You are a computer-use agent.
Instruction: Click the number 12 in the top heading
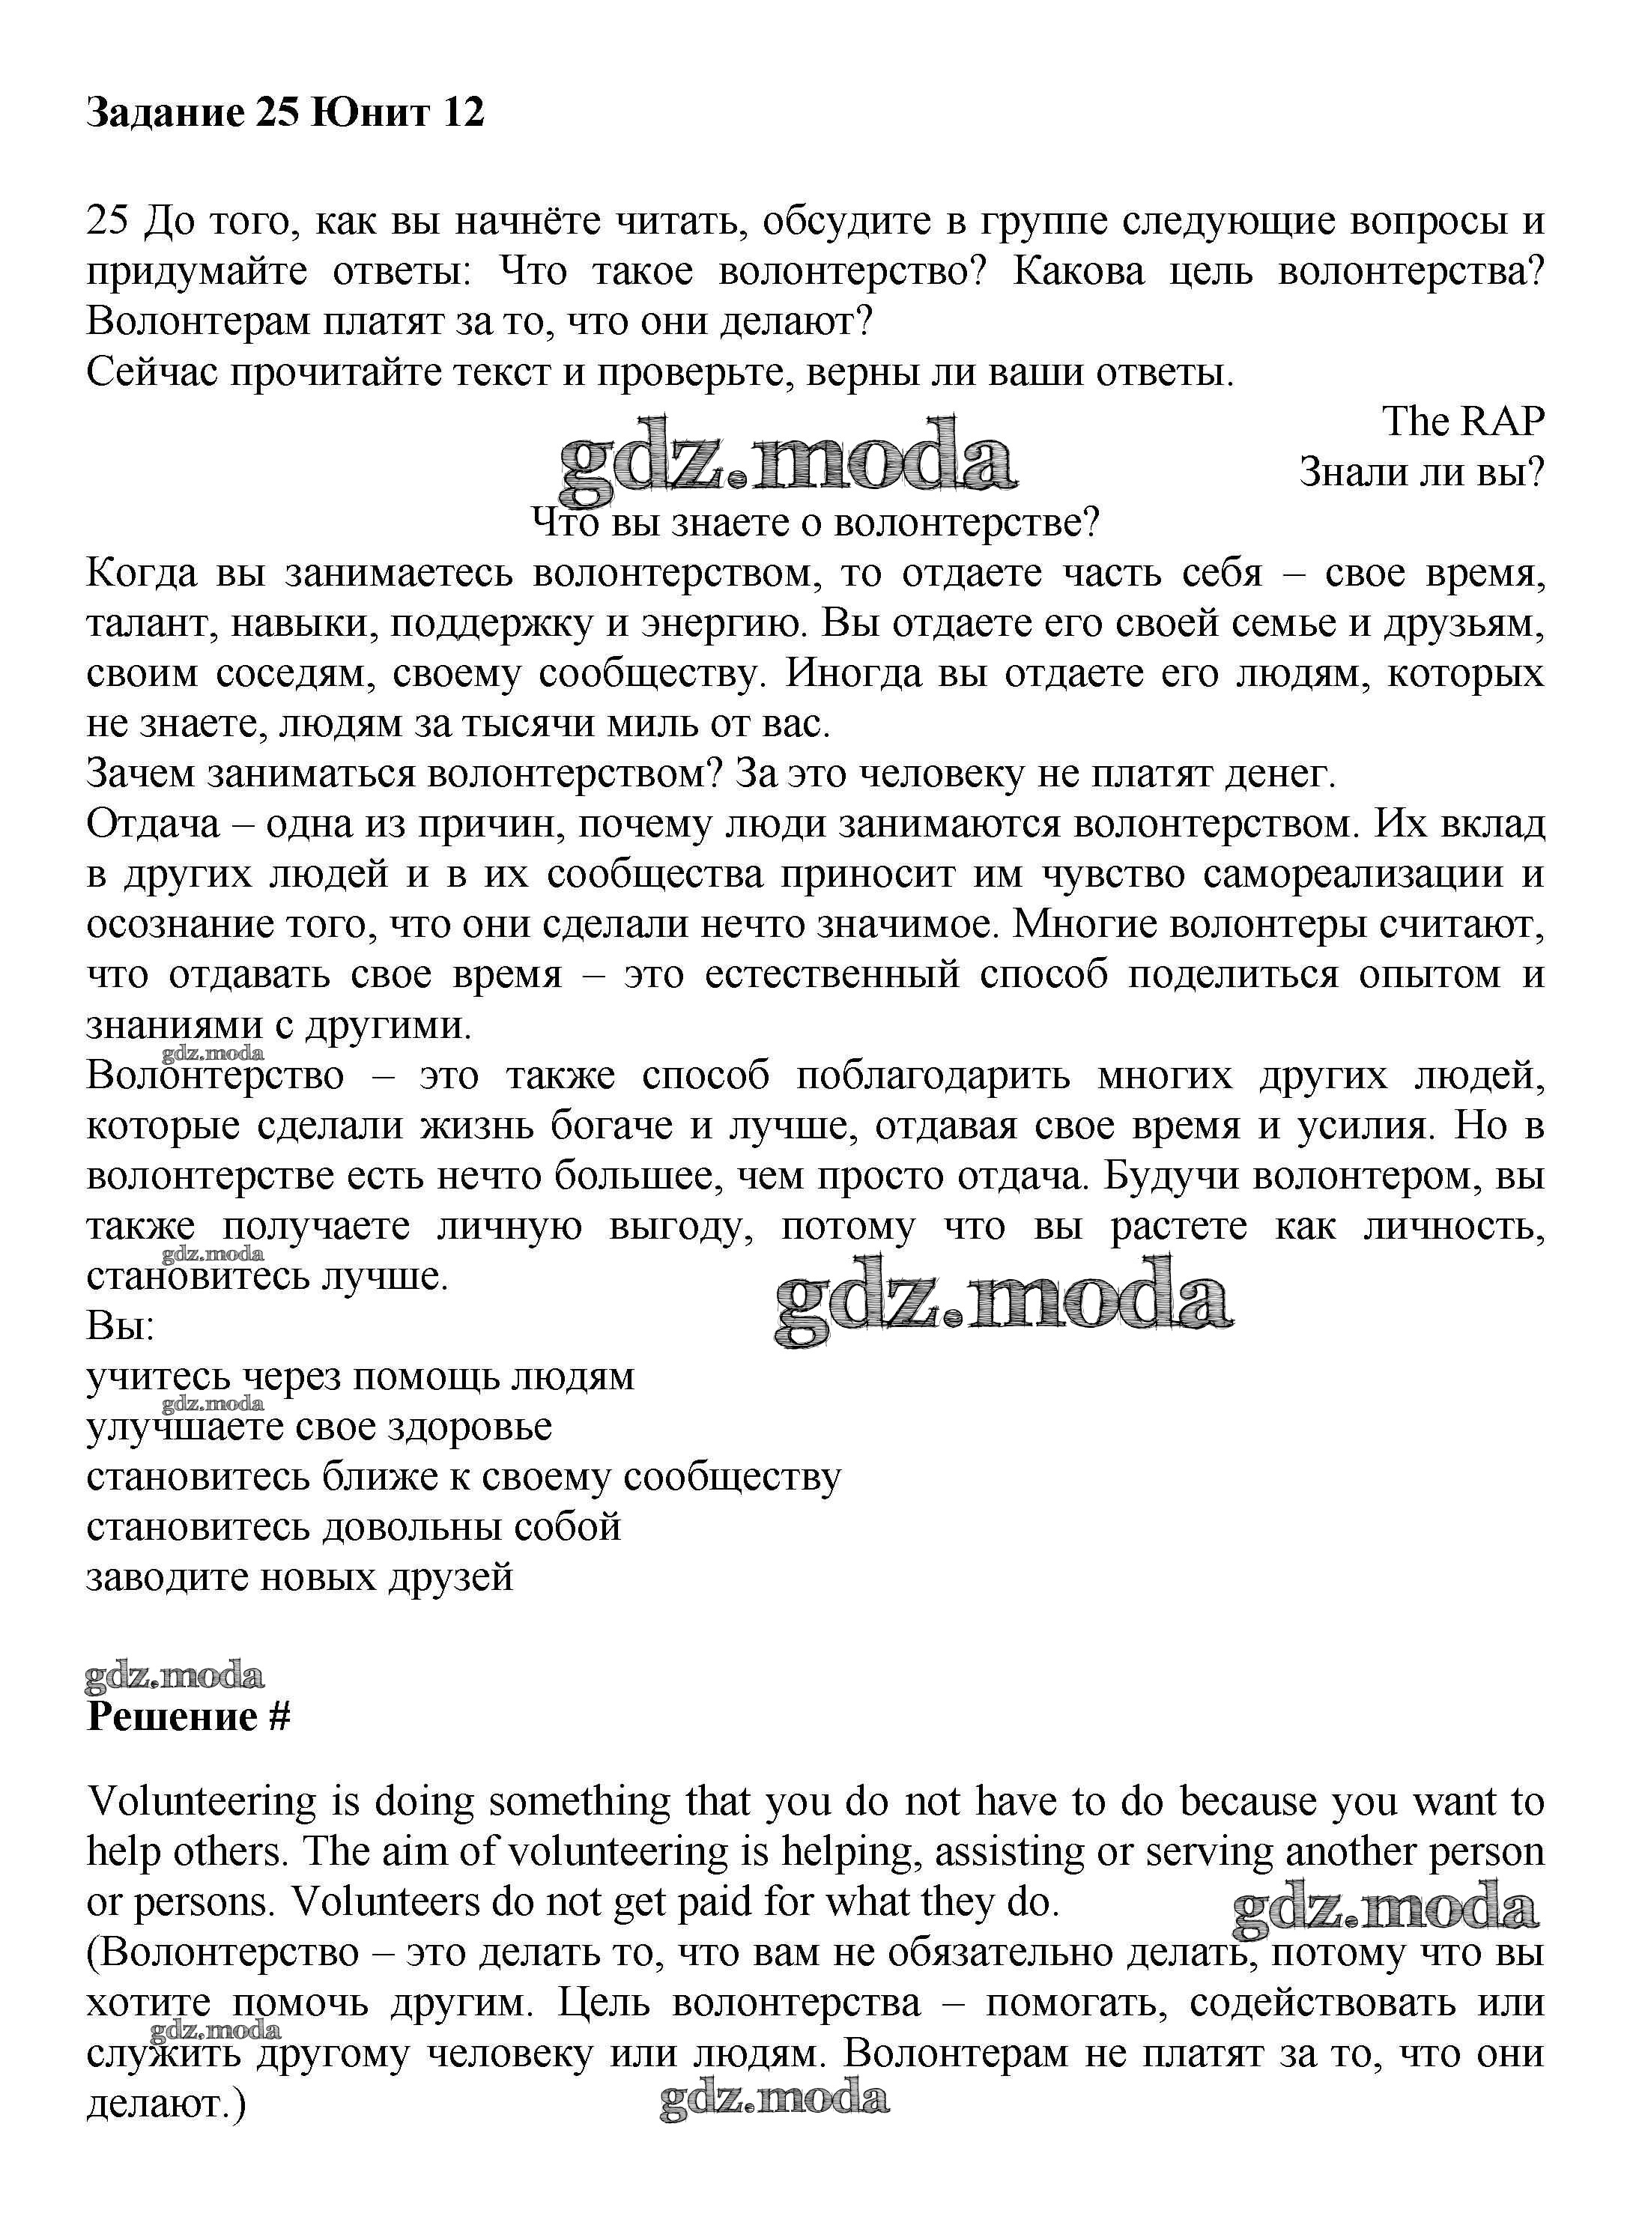click(459, 112)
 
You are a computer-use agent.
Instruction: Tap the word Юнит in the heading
click(371, 112)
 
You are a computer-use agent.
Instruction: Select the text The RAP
click(1463, 422)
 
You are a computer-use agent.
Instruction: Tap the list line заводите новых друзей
click(299, 1577)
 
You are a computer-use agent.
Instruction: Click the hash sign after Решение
click(279, 1718)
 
